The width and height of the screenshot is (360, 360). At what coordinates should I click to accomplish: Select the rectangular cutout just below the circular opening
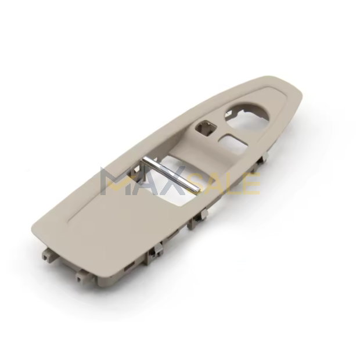(233, 145)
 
